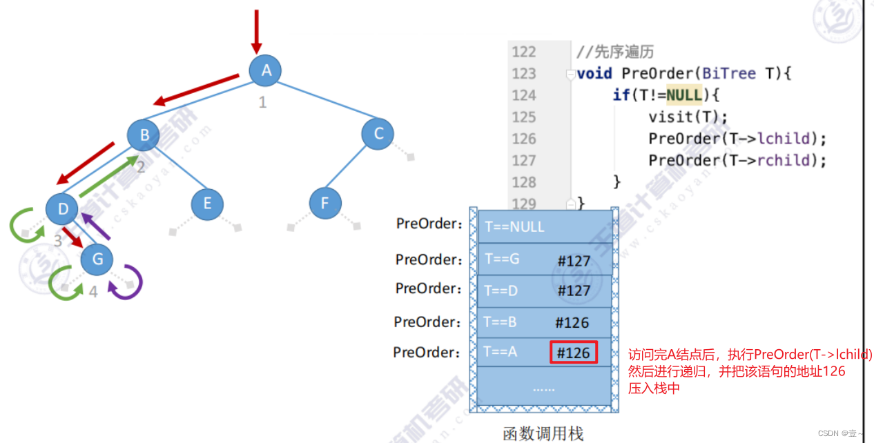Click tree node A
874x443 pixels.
click(265, 70)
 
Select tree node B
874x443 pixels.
click(144, 135)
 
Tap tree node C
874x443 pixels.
click(378, 135)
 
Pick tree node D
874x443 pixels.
click(62, 208)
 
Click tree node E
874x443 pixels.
click(207, 204)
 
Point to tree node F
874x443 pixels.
click(325, 204)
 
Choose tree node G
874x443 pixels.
click(97, 259)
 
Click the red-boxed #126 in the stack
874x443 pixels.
click(574, 353)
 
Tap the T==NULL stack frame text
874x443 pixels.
click(514, 227)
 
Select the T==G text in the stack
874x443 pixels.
click(502, 259)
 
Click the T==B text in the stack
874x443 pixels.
click(501, 322)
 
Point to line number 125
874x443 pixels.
click(524, 117)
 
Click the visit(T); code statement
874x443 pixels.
click(688, 117)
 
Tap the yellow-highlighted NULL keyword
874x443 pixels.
click(684, 95)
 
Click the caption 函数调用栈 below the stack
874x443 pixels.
click(543, 433)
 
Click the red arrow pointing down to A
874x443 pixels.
click(257, 31)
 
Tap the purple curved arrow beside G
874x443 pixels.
click(130, 283)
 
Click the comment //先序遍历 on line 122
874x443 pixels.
click(615, 52)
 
